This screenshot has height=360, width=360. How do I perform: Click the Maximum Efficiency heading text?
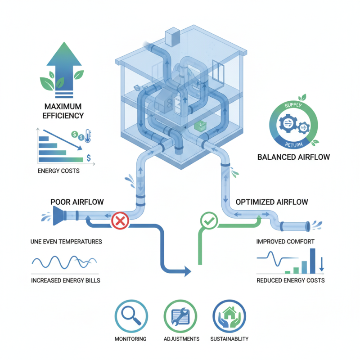click(x=63, y=111)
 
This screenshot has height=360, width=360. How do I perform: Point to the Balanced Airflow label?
click(x=293, y=157)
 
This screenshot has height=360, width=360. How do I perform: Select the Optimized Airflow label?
click(x=272, y=202)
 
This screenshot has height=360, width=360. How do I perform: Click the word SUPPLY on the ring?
click(x=292, y=106)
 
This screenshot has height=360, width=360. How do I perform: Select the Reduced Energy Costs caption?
click(x=290, y=280)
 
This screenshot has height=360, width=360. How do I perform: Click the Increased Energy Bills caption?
click(x=66, y=280)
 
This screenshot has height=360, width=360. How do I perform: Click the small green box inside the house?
click(x=198, y=127)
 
